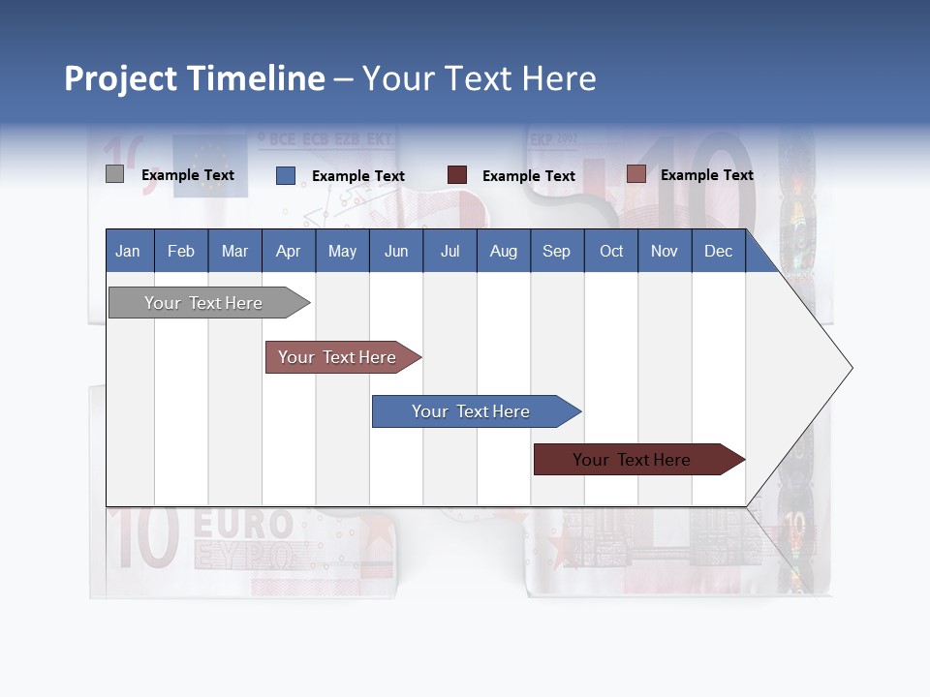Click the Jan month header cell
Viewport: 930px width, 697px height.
[x=129, y=251]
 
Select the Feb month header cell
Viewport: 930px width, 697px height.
[x=181, y=251]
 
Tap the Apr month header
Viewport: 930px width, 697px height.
[x=289, y=251]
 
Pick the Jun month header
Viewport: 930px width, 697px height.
[x=396, y=251]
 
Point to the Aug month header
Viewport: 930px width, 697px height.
[x=504, y=251]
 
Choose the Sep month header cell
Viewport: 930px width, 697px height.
[x=557, y=251]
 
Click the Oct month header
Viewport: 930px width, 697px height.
[x=611, y=251]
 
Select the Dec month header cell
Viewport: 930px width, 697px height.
[x=719, y=251]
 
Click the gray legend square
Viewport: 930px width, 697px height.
[x=114, y=174]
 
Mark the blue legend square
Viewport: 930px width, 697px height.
[x=286, y=175]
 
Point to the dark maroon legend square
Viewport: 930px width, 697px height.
[x=457, y=175]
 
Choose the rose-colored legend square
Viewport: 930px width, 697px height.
[x=636, y=174]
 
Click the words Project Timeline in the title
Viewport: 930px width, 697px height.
[x=195, y=78]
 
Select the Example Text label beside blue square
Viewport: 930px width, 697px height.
[x=358, y=176]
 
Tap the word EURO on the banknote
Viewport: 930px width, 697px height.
[x=243, y=526]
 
